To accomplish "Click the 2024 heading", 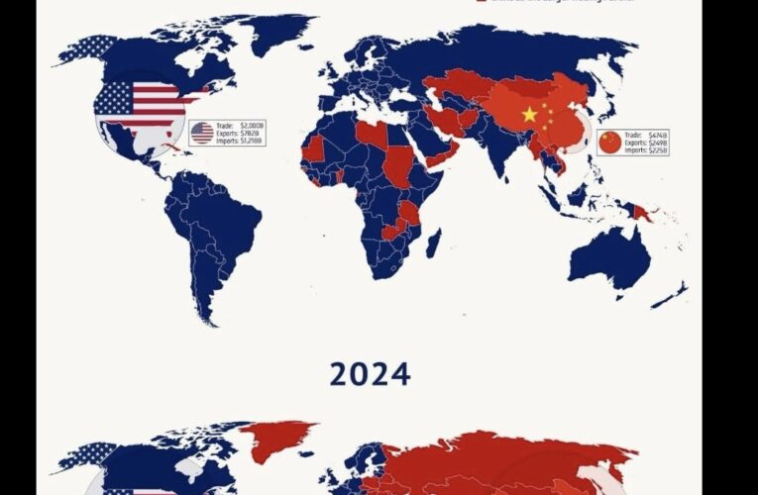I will (370, 374).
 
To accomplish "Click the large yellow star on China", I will (529, 115).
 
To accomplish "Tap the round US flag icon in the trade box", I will (202, 133).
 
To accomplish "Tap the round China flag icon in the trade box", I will (610, 143).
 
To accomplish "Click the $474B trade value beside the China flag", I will (658, 135).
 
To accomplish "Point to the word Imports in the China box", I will (635, 151).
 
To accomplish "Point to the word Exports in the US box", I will (227, 134).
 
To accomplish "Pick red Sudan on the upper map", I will (397, 164).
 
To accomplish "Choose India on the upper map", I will (491, 148).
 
